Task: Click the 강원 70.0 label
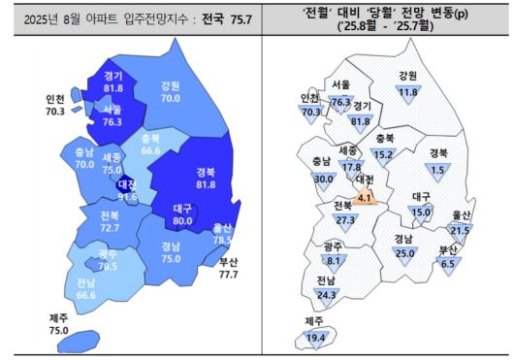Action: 171,91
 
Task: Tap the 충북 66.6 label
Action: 150,145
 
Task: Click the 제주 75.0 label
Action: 58,325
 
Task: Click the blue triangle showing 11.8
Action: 407,91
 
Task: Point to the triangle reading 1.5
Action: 436,169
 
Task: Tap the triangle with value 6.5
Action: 448,262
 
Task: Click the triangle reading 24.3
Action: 325,295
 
